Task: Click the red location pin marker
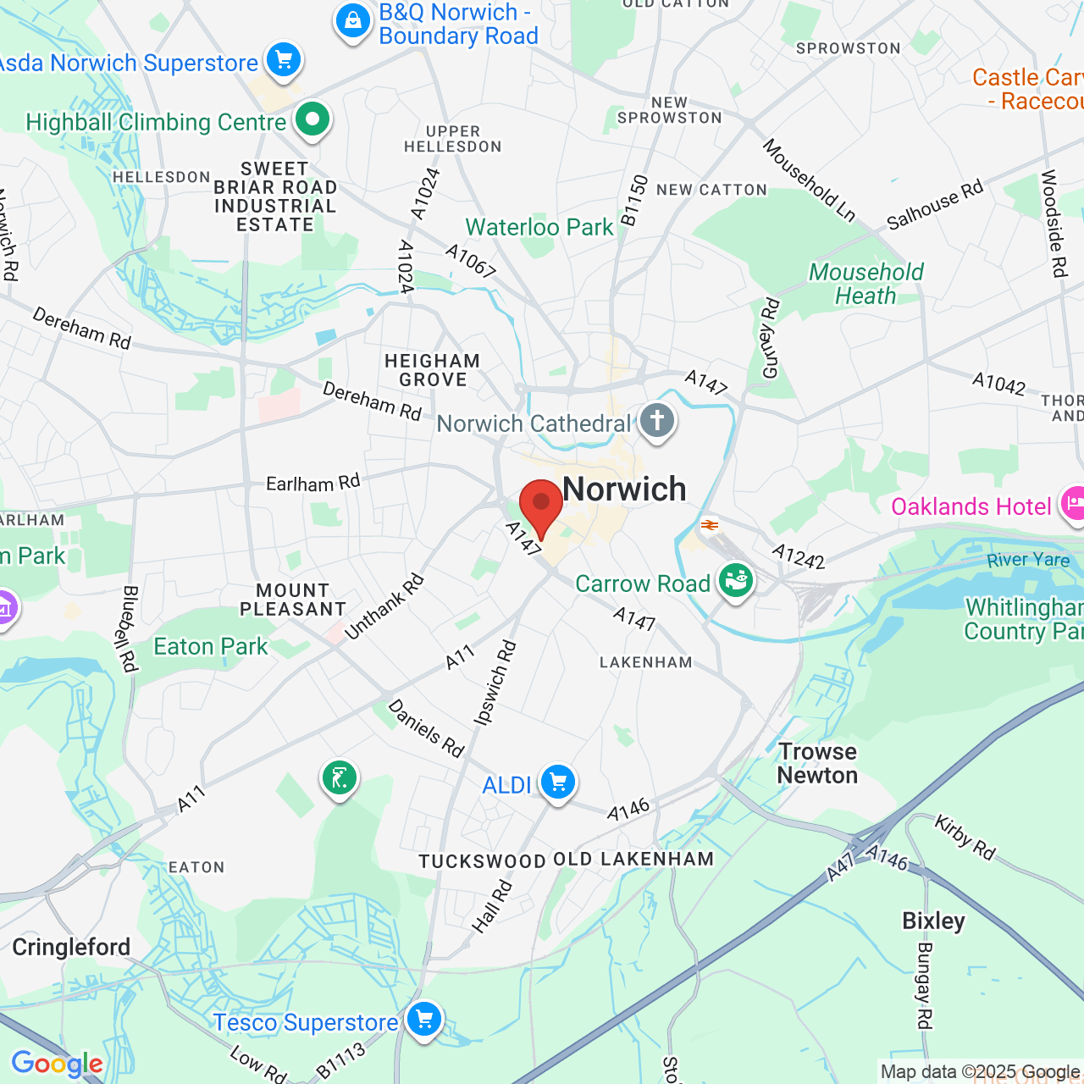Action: tap(540, 505)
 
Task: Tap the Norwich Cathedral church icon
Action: tap(656, 420)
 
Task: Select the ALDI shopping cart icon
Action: tap(557, 783)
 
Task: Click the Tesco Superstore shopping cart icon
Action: tap(424, 1020)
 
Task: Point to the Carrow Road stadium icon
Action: tap(735, 582)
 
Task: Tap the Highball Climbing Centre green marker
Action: tap(312, 119)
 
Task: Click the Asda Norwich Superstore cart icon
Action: tap(284, 61)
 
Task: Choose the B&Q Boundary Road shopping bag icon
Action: tap(352, 21)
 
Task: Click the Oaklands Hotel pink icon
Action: tap(1073, 505)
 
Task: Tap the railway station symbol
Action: tap(710, 525)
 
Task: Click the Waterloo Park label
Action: tap(539, 227)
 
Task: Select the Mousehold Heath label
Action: tap(866, 284)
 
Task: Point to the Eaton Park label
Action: tap(210, 647)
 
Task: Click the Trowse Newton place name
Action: tap(817, 763)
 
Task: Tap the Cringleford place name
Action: tap(71, 947)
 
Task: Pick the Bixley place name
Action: tap(933, 921)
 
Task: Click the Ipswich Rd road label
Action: tap(495, 683)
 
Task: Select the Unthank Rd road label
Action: tap(384, 606)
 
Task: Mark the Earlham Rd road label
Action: tap(312, 483)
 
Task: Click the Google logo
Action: tap(57, 1064)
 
